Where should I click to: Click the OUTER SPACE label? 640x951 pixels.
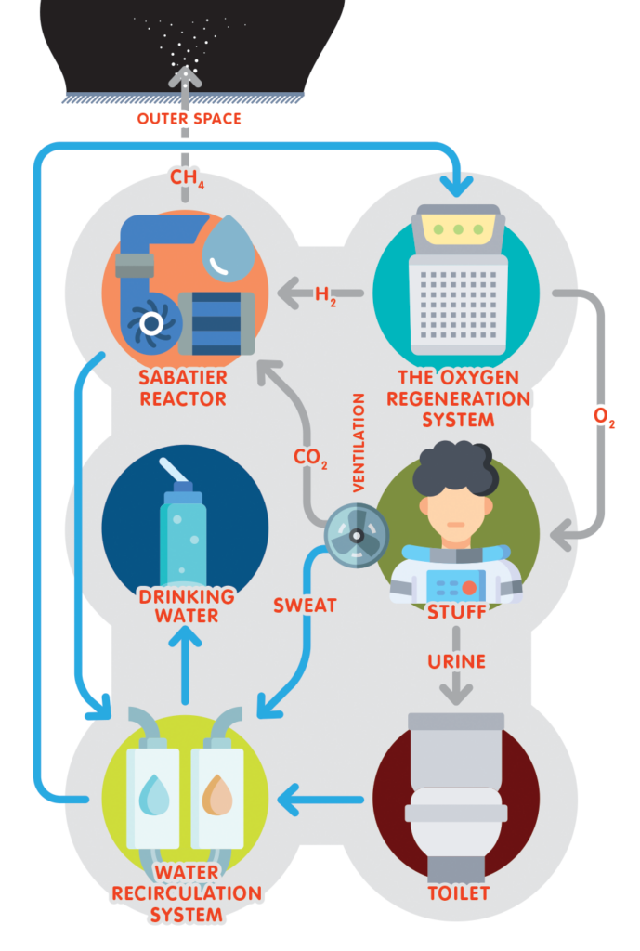189,119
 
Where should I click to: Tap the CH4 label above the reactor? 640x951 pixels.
187,177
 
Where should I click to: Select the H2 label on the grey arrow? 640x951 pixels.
325,295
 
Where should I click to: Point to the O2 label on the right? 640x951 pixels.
604,417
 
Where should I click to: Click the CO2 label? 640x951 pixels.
310,458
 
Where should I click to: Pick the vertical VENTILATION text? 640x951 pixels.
359,442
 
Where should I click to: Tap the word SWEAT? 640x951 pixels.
305,606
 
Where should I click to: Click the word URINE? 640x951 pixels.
456,661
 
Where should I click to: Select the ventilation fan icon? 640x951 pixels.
356,536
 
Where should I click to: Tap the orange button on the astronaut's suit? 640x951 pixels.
469,587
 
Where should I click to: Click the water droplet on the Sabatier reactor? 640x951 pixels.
228,248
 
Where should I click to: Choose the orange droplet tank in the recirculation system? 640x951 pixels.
217,798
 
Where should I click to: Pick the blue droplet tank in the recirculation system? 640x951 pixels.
153,798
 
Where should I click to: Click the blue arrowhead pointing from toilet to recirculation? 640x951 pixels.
290,800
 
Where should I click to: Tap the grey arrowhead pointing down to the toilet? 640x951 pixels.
456,693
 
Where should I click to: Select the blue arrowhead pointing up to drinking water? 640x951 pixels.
186,637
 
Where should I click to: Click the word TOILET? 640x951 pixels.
458,893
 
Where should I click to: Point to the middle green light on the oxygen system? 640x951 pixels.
458,230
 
